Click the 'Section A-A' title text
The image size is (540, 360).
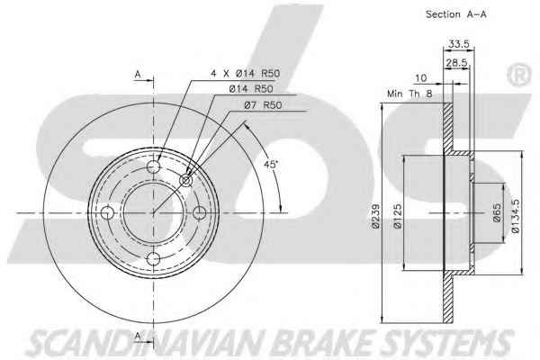tap(456, 14)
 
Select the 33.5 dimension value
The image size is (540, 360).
tap(458, 44)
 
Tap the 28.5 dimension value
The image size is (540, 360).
tap(456, 63)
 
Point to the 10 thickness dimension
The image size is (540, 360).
tap(420, 78)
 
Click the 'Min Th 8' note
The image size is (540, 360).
tap(409, 94)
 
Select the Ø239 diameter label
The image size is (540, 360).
tap(375, 216)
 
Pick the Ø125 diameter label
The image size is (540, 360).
tap(398, 216)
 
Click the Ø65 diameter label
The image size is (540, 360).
tap(497, 213)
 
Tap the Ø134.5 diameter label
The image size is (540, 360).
tap(515, 216)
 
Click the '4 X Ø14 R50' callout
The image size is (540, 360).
tap(245, 73)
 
